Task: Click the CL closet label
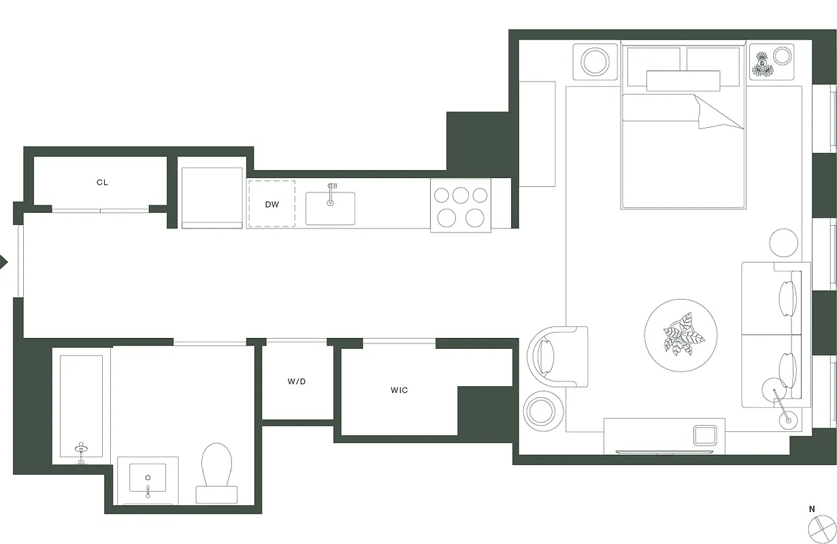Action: (102, 182)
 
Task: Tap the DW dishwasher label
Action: (272, 204)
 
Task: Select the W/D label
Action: (297, 381)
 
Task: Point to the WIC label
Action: (399, 390)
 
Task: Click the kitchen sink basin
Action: (330, 208)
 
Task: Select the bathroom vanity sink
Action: (148, 479)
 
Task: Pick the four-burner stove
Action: (461, 205)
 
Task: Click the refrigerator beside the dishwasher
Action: (212, 197)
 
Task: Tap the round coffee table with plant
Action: (680, 335)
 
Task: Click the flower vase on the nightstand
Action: (763, 64)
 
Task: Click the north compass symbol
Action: (821, 529)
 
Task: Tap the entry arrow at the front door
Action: (4, 261)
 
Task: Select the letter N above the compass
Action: (812, 509)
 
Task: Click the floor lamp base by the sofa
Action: (789, 420)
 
